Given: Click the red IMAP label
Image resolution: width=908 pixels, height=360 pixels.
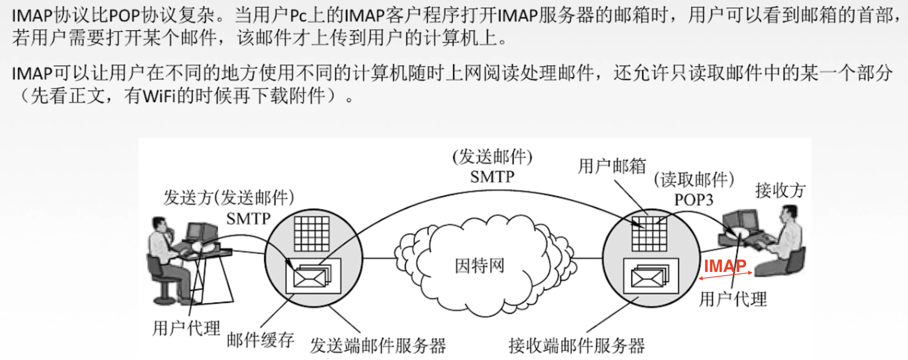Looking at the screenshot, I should click(x=725, y=266).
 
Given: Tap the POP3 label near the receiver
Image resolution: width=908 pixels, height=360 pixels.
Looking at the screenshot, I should click(x=693, y=200).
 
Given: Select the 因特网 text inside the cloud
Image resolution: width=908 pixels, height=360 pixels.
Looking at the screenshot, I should click(x=479, y=266).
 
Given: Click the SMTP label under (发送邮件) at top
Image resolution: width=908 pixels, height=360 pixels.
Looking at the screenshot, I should click(x=492, y=177).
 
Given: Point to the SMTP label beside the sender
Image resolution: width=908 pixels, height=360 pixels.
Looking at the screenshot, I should click(x=248, y=219).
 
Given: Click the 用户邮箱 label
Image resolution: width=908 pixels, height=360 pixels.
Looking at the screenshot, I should click(x=612, y=166).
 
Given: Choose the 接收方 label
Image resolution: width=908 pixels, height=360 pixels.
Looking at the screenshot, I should click(x=780, y=190).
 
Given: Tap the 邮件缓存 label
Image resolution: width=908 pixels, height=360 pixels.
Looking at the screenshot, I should click(x=260, y=340).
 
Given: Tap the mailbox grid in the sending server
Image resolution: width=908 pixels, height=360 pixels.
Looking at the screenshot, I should click(x=312, y=234).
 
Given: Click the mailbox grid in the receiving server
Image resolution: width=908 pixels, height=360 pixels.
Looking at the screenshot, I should click(x=649, y=234).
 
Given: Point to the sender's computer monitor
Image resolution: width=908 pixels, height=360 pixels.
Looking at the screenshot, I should click(x=196, y=231).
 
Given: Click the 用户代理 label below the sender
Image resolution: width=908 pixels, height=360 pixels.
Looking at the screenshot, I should click(x=186, y=329).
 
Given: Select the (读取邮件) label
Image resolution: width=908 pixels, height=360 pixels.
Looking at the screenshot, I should click(x=694, y=180).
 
